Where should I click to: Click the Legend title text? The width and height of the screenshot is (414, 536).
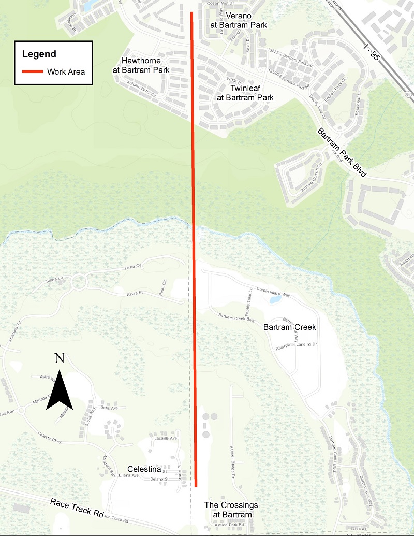point(39,54)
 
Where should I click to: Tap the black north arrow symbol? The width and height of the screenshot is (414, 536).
point(60,389)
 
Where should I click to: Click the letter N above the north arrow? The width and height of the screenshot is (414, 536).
point(60,358)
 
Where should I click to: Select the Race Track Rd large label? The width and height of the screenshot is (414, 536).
point(75,509)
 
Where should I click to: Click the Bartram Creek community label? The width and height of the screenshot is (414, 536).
point(289,327)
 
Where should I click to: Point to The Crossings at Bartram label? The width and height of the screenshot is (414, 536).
point(231,510)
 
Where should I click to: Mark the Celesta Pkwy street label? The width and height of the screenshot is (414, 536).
point(50,438)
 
